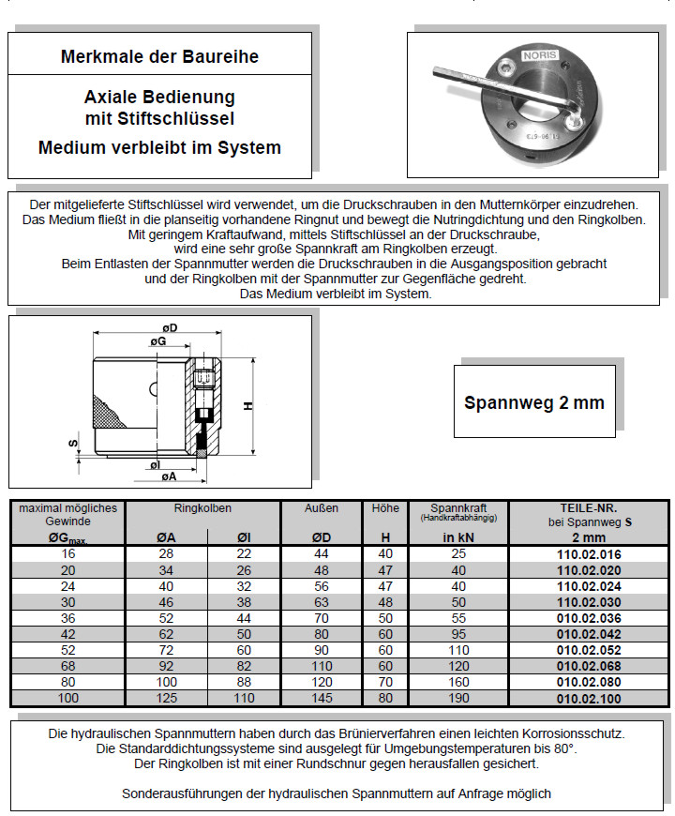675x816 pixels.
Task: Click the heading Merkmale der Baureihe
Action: point(159,56)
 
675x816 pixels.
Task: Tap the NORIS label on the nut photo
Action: point(539,55)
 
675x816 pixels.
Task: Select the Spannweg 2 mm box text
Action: point(534,402)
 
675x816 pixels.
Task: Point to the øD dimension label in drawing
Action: point(169,326)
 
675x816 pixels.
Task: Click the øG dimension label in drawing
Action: point(158,344)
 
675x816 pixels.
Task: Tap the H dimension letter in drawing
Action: point(247,406)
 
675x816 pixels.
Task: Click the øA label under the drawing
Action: point(169,477)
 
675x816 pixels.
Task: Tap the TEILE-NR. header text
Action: point(588,507)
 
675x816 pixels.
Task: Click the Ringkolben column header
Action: point(202,507)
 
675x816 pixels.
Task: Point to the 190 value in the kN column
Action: point(458,698)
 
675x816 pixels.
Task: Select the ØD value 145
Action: point(322,698)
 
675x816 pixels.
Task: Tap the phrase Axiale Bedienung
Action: point(159,97)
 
